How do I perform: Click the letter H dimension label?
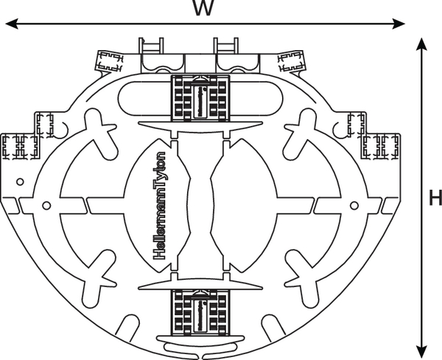[x=435, y=197]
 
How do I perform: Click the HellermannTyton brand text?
[x=161, y=205]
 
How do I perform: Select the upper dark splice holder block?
[x=200, y=99]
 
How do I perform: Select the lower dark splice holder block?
[x=200, y=311]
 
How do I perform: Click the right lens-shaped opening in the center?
[x=243, y=205]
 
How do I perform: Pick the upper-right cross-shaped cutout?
[x=302, y=132]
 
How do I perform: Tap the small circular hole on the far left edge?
[x=20, y=180]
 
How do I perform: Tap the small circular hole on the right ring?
[x=354, y=205]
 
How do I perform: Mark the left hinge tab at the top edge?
[x=152, y=46]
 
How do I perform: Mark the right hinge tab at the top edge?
[x=226, y=46]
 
